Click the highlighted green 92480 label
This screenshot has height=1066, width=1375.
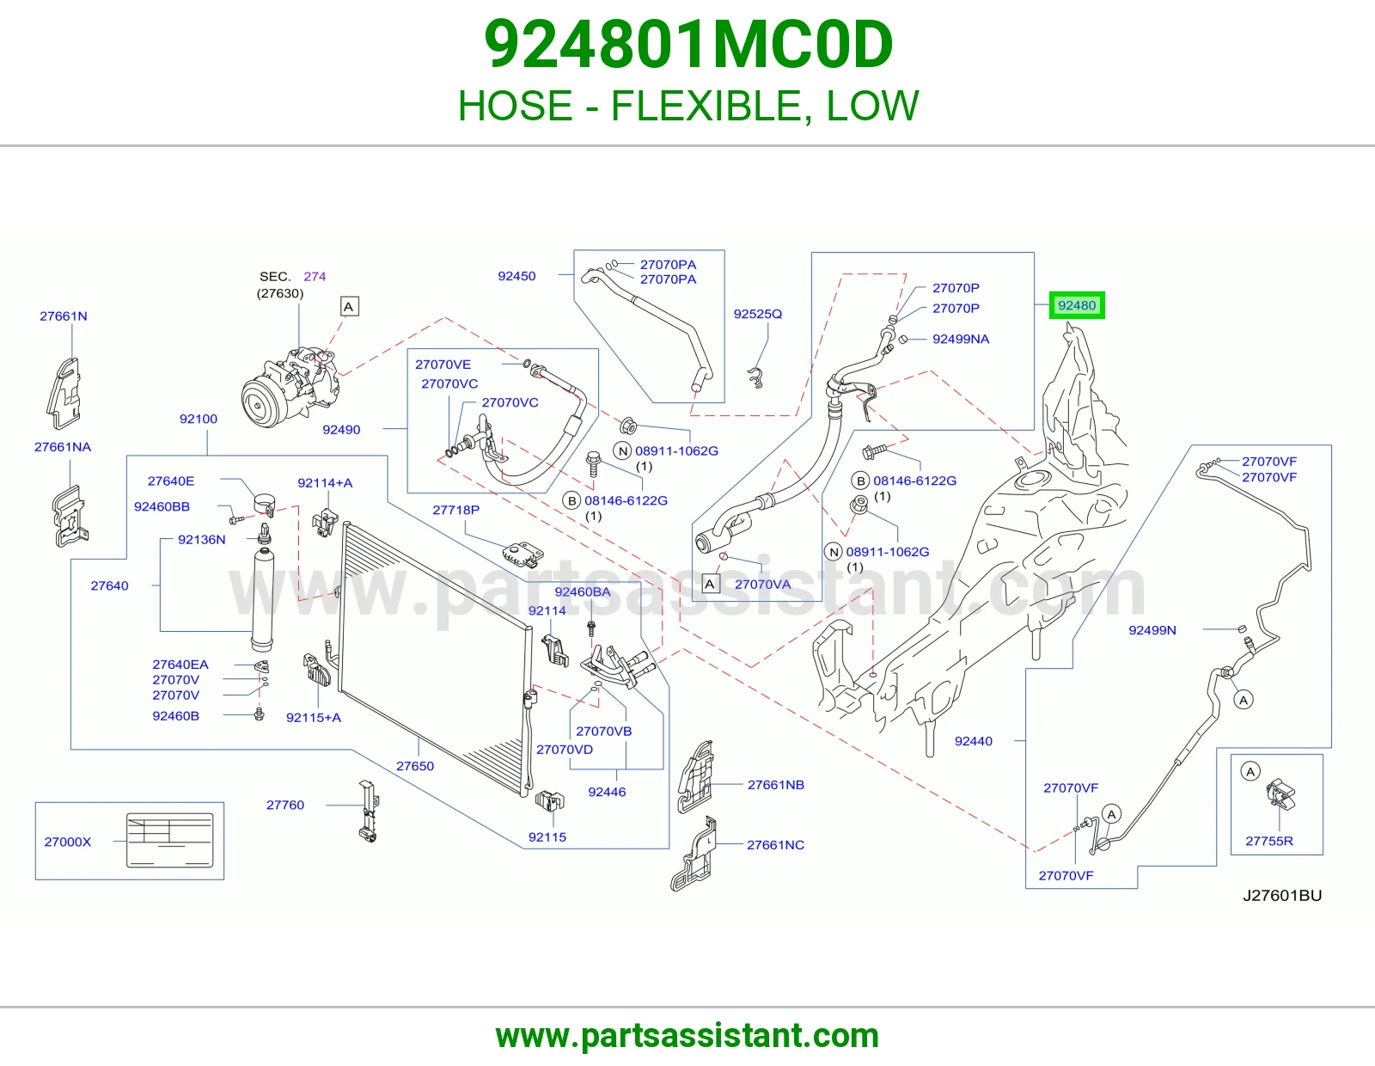tap(1076, 306)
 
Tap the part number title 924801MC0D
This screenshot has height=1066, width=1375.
tap(687, 45)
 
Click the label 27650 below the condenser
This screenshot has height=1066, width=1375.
tap(415, 766)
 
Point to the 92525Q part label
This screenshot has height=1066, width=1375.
tap(757, 314)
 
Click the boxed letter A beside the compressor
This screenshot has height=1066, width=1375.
tap(349, 307)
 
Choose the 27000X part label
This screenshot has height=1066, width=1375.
tap(68, 842)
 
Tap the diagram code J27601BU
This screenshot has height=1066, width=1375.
tap(1282, 896)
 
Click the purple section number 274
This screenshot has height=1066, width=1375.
tap(315, 277)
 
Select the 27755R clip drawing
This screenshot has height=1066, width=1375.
tap(1280, 794)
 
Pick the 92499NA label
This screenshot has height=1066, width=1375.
tap(961, 340)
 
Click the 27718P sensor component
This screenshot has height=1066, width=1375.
tap(523, 554)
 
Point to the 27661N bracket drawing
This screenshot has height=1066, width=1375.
tap(64, 393)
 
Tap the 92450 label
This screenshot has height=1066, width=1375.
tap(516, 276)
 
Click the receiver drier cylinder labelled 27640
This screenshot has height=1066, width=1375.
tap(263, 599)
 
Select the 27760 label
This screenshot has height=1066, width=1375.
tap(284, 806)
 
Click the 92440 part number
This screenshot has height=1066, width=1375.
tap(973, 741)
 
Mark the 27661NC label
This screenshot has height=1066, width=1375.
tap(775, 845)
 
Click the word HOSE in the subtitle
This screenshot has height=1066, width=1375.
tap(515, 106)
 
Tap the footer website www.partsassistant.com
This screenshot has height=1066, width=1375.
tap(687, 1036)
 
